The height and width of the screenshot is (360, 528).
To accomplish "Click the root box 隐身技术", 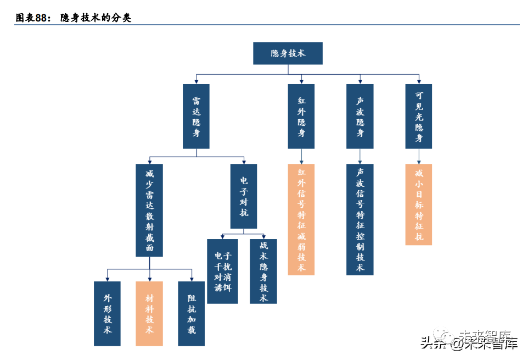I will [x=288, y=53].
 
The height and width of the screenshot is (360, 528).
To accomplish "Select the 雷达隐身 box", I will [x=196, y=116].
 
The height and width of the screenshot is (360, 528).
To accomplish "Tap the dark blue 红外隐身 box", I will [x=301, y=116].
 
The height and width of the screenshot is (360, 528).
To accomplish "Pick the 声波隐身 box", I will [x=360, y=116].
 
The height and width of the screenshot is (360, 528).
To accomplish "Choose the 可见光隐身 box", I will [x=419, y=116].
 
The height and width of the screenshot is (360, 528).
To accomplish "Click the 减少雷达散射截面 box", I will [x=149, y=210].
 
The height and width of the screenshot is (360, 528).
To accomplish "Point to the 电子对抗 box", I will [x=244, y=196].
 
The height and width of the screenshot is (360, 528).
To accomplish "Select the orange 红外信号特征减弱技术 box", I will [x=301, y=219].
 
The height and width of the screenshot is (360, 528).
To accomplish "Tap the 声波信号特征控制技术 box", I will [x=360, y=219].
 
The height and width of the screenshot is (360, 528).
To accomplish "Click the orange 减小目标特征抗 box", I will [x=419, y=204].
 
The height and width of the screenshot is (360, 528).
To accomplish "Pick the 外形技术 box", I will [x=107, y=313].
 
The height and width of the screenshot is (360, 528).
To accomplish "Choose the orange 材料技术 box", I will [x=149, y=313].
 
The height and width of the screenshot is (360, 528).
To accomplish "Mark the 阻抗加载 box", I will [x=192, y=313].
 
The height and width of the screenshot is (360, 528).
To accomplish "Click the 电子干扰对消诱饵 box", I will [x=222, y=271].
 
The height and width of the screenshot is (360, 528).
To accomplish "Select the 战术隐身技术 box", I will [x=263, y=271].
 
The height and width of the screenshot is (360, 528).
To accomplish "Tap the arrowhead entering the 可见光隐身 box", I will [x=419, y=81].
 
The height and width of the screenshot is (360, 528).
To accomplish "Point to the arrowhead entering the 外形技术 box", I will [x=107, y=279].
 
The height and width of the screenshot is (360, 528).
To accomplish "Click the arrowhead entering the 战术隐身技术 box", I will [x=263, y=236].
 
